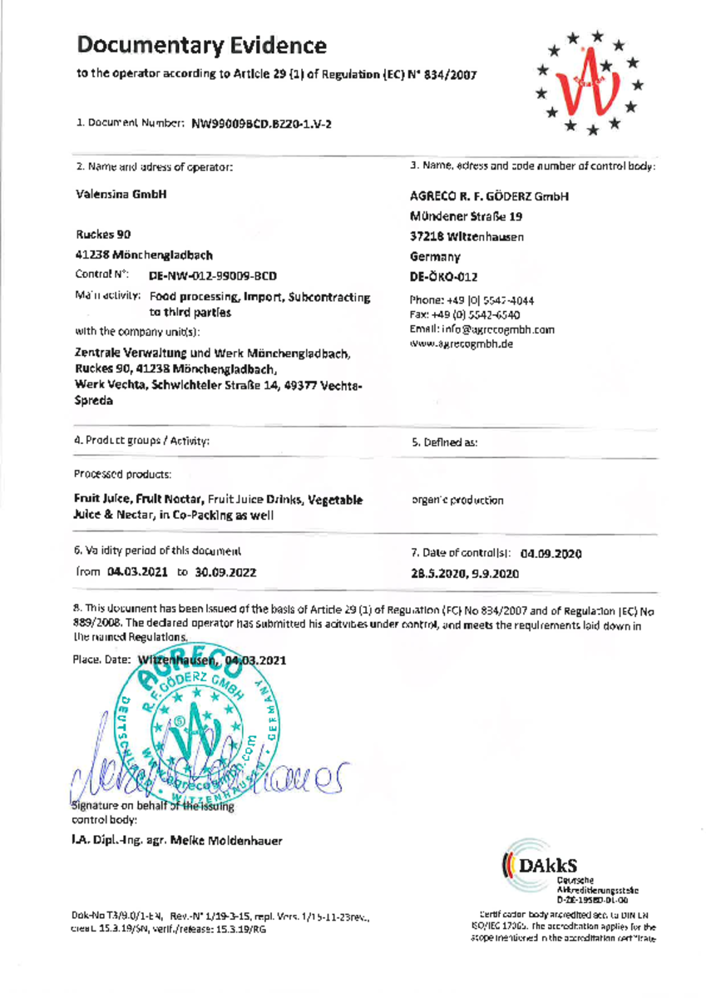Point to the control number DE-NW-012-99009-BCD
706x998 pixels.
point(213,274)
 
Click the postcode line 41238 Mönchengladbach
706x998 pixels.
point(144,254)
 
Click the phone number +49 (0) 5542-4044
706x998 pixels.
point(494,300)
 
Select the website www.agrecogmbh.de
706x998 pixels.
point(463,343)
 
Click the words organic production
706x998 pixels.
point(458,501)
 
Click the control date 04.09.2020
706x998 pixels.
point(550,553)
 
